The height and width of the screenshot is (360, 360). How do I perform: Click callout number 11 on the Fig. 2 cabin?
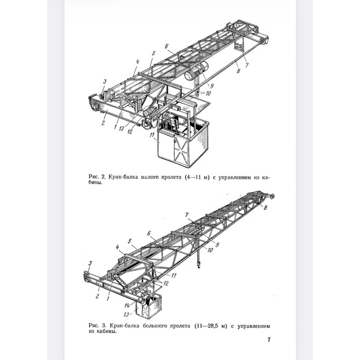click(152, 135)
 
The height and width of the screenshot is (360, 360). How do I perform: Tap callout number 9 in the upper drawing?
click(211, 85)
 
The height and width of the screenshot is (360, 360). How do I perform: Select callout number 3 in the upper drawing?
click(104, 81)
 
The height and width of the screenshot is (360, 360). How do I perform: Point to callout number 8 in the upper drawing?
click(238, 71)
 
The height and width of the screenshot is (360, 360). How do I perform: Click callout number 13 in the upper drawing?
click(121, 129)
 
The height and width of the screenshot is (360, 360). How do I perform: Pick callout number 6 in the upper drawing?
click(166, 46)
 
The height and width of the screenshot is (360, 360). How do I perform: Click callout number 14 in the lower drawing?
click(127, 306)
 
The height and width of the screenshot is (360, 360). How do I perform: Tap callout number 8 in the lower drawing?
click(265, 207)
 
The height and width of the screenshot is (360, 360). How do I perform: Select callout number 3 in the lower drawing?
click(90, 263)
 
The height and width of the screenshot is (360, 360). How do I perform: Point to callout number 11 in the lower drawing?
click(174, 275)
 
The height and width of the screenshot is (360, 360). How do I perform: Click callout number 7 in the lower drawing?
click(187, 215)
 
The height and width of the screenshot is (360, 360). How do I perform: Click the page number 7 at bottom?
click(269, 340)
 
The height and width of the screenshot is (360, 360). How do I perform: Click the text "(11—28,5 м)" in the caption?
click(210, 326)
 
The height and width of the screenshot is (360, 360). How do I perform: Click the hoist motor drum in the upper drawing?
click(197, 72)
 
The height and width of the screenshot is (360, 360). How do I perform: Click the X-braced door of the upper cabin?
click(182, 150)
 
